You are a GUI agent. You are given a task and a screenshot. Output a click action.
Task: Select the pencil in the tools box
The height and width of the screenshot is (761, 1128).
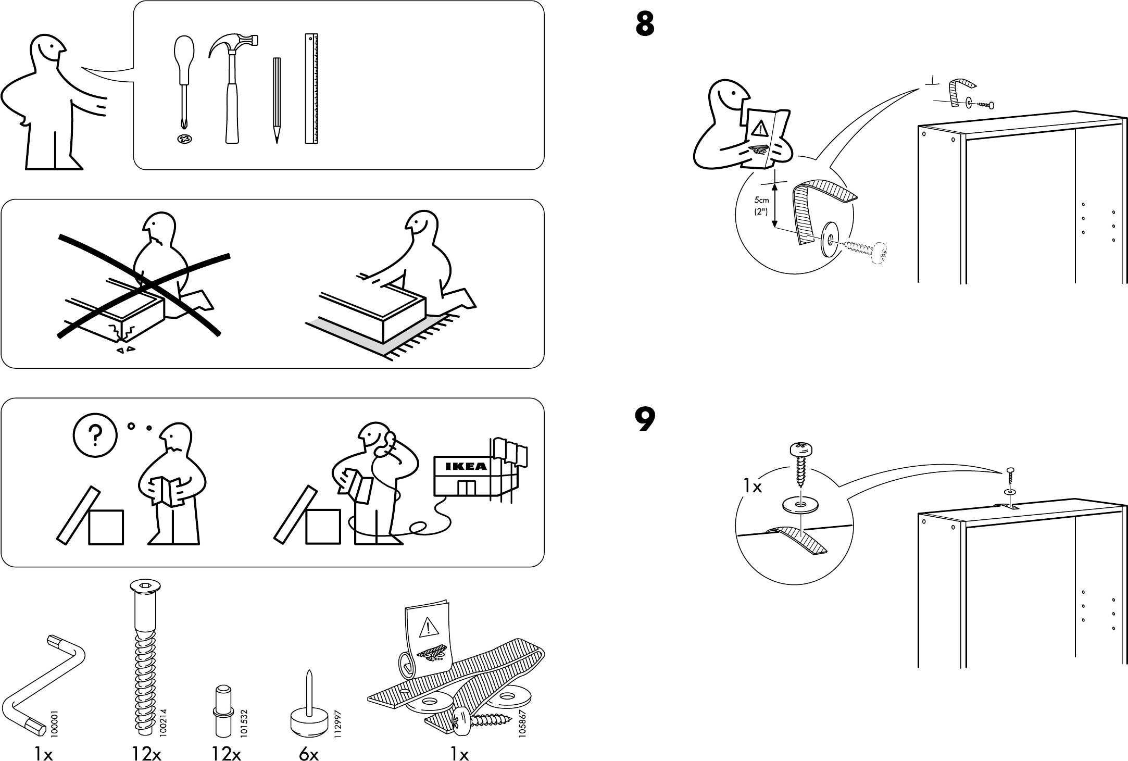coord(277,99)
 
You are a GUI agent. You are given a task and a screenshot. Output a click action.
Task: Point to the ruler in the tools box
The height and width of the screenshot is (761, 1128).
coord(311,89)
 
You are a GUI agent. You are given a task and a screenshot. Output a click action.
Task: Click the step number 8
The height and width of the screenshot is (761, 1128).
coord(645,24)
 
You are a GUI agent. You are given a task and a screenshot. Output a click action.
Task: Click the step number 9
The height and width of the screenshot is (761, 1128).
coord(645,420)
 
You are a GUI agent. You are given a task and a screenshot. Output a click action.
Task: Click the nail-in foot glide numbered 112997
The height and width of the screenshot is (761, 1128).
coord(308,714)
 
